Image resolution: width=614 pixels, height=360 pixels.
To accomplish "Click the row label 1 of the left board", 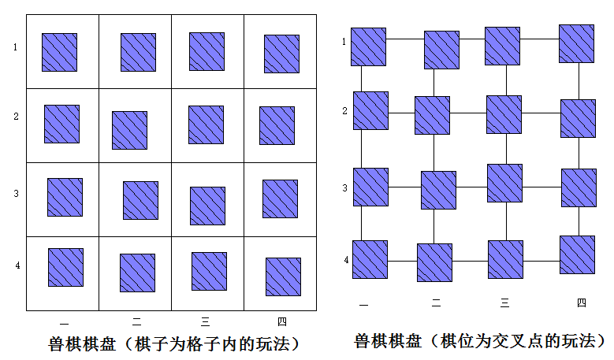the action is pos(15,47).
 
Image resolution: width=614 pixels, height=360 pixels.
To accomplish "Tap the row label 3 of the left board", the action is pos(16,193).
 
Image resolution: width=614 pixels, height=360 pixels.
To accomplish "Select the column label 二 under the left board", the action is pos(136,321).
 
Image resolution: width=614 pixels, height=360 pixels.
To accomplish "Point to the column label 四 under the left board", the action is pos(282,321).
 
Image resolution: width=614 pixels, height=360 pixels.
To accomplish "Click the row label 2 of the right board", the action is pos(344,111).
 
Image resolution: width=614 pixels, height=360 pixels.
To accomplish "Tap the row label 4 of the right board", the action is pos(346,260).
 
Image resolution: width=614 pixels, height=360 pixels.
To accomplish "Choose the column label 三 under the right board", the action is pos(504,302).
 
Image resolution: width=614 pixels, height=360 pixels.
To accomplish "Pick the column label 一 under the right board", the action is pos(363,304).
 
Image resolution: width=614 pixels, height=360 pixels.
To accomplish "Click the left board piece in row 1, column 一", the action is pos(60,53).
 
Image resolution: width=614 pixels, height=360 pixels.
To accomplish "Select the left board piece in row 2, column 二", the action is pos(129,130).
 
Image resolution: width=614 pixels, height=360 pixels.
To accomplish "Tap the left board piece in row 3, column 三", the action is pos(207,206).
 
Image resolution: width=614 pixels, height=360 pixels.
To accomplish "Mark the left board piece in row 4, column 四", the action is pos(283,276).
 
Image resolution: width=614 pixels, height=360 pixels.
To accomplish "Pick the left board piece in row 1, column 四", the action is pos(281,54).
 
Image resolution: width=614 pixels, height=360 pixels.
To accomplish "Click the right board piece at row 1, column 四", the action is pos(576,44).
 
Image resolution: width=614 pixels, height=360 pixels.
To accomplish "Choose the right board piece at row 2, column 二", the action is pos(432,116).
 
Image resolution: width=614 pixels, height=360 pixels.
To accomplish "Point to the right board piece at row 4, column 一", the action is pos(370,259).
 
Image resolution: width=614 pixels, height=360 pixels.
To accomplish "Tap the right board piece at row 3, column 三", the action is pos(504,183).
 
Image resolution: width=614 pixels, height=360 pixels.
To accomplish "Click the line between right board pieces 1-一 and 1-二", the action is pos(405,39).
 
